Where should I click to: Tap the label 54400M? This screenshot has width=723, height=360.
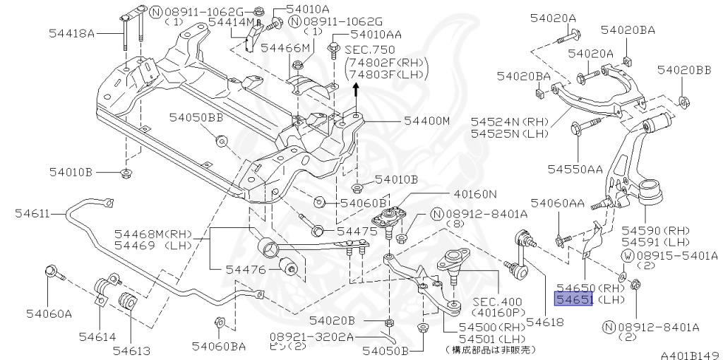tap(426, 121)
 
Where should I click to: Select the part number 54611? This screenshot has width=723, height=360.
tap(32, 213)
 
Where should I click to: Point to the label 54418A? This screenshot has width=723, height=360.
tap(71, 33)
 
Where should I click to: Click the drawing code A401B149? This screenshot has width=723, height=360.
tap(691, 355)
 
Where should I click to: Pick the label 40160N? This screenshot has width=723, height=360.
tap(475, 195)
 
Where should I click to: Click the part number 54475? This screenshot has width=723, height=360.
tap(354, 232)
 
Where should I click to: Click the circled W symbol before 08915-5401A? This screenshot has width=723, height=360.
tap(627, 255)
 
